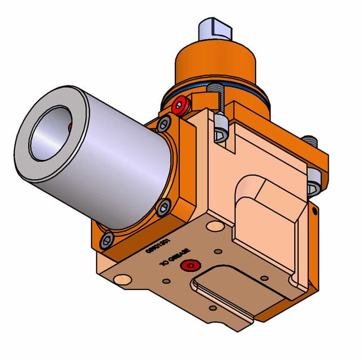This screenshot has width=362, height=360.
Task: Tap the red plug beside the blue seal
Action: click(x=182, y=105)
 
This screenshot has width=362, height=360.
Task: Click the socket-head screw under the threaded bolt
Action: click(x=221, y=132)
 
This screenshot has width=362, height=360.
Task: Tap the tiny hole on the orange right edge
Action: click(x=312, y=211)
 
